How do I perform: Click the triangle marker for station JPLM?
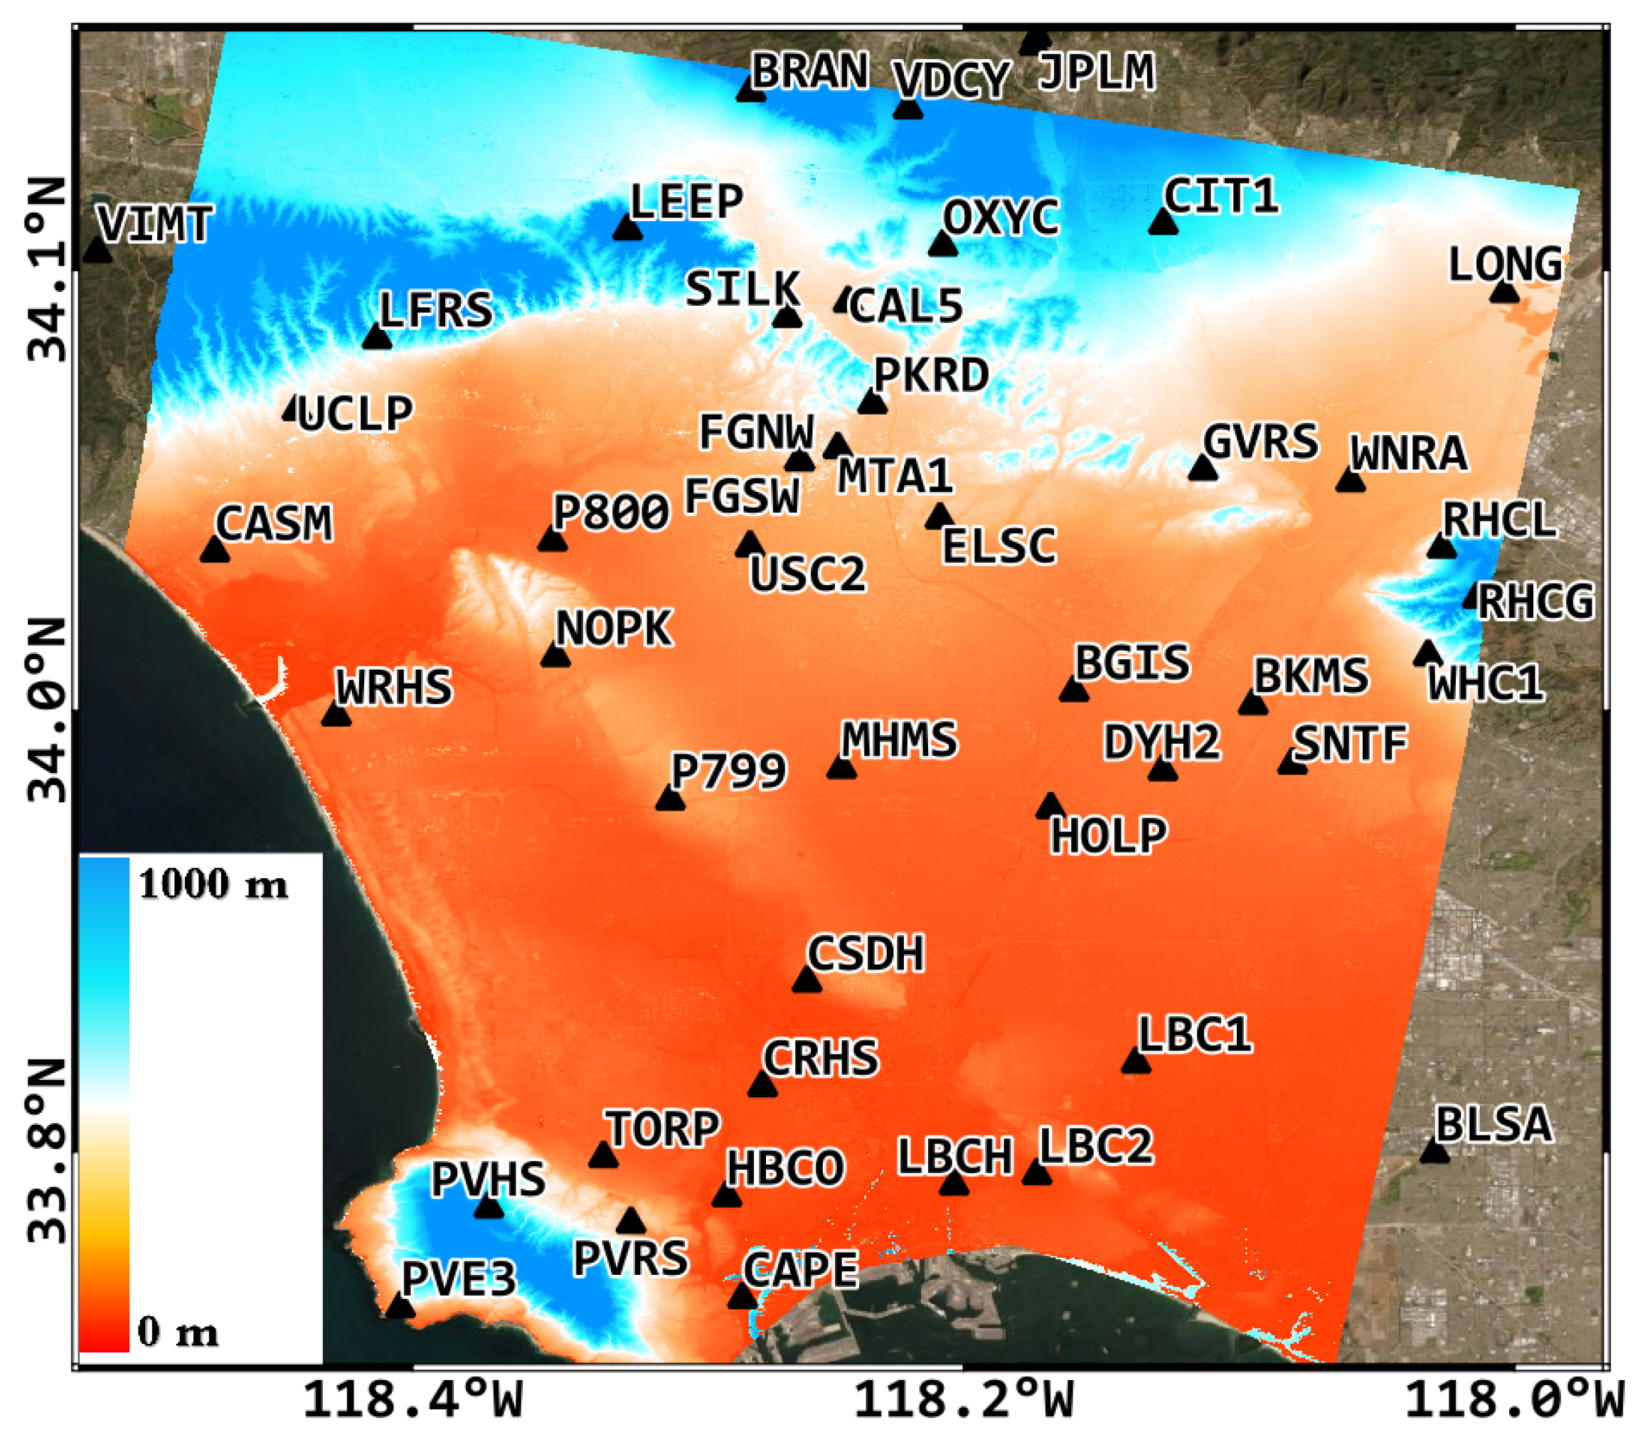coord(1036,43)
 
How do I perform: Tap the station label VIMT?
coord(155,224)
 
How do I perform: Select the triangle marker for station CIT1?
coord(1163,222)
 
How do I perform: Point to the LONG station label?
coord(1505,265)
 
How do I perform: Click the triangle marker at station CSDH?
coord(807,980)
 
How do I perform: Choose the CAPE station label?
coord(800,1270)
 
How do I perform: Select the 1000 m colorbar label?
coord(213,885)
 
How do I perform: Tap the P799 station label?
coord(728,771)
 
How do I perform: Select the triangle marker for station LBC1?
coord(1136,1062)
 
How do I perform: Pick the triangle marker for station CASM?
coord(214,550)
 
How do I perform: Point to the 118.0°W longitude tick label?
coord(1514,1401)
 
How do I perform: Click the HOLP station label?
coord(1109,836)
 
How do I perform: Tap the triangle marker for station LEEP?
coord(627,228)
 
